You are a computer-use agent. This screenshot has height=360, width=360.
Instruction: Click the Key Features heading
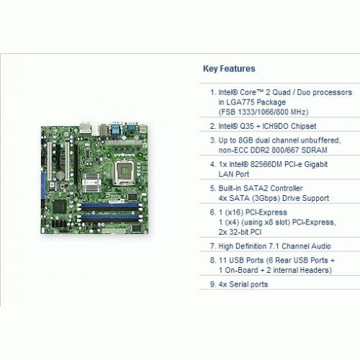pyautogui.click(x=229, y=69)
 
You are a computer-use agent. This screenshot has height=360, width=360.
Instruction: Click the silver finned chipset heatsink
pyautogui.click(x=91, y=183)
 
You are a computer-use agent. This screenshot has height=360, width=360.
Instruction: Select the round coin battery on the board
pyautogui.click(x=60, y=176)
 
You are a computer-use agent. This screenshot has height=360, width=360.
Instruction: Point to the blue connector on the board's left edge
pyautogui.click(x=43, y=186)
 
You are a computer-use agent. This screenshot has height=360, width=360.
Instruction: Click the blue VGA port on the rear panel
pyautogui.click(x=115, y=130)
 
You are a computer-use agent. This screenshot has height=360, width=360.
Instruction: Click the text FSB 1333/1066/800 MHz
pyautogui.click(x=264, y=112)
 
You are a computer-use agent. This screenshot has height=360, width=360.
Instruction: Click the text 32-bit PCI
pyautogui.click(x=246, y=232)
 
